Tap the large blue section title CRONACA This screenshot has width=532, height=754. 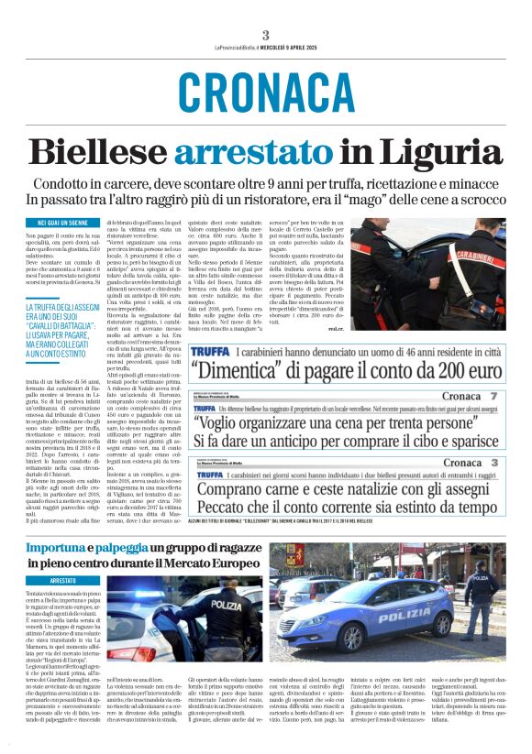[266, 93]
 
